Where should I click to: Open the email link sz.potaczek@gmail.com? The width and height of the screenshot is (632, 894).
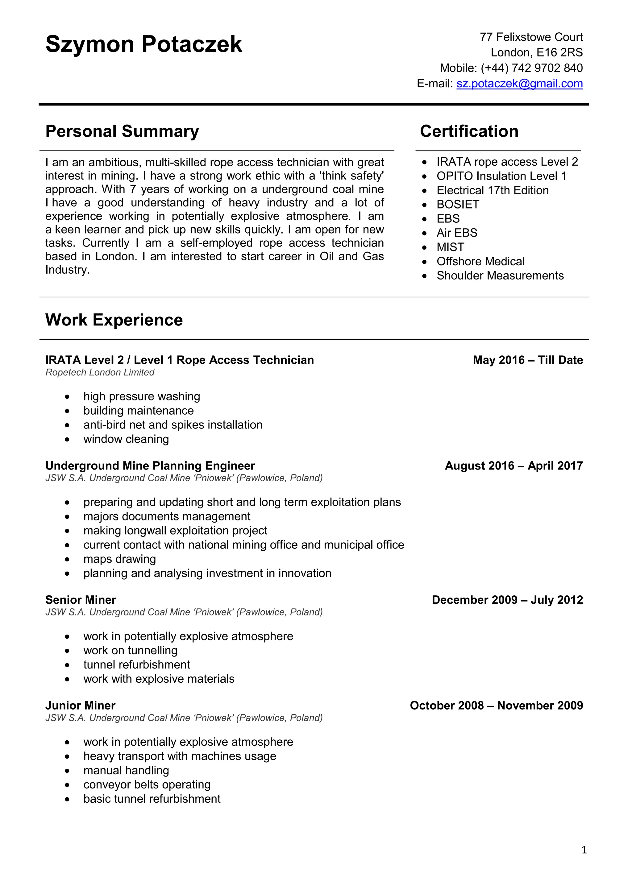click(x=519, y=84)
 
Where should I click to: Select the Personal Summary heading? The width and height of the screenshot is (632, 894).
click(x=122, y=131)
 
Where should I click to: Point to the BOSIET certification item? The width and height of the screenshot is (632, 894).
click(x=458, y=205)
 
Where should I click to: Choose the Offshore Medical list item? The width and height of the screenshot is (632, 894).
click(x=480, y=261)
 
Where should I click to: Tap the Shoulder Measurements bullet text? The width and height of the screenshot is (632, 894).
click(x=500, y=276)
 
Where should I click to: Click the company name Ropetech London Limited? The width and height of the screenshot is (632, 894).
click(x=100, y=373)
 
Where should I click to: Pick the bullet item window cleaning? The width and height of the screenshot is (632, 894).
click(x=126, y=439)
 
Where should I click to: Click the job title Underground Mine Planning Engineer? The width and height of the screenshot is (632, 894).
click(x=150, y=466)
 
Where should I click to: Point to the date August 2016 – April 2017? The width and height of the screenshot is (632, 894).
click(x=513, y=466)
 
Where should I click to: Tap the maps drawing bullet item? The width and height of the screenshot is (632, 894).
click(x=119, y=559)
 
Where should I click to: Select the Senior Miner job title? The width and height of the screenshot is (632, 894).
click(x=81, y=600)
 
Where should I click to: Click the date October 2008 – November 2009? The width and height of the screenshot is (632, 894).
click(x=496, y=706)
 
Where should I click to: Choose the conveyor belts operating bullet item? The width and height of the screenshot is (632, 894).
click(x=147, y=784)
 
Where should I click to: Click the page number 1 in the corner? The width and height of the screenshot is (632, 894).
click(x=584, y=850)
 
